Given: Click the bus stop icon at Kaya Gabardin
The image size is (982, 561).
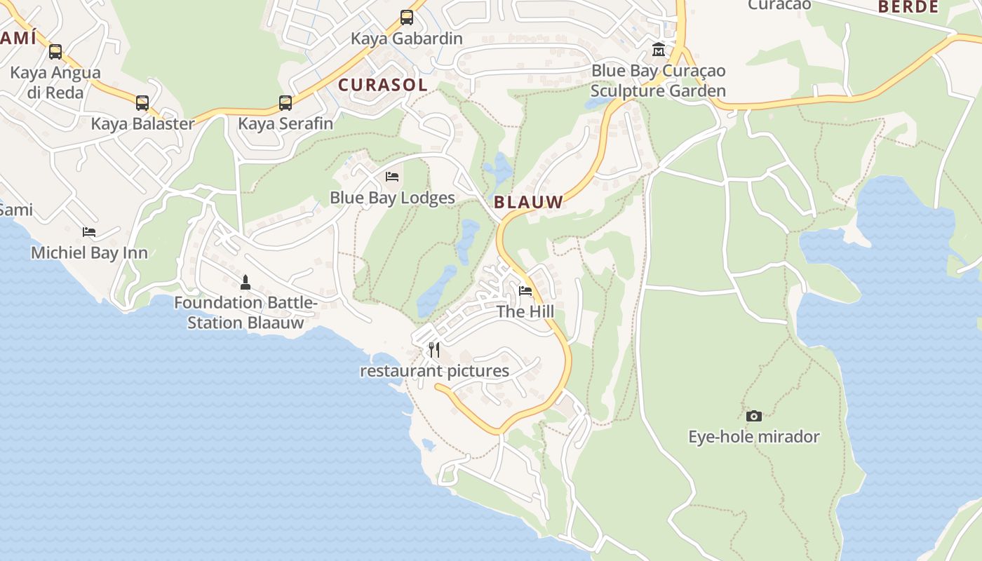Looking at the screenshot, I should pyautogui.click(x=407, y=18).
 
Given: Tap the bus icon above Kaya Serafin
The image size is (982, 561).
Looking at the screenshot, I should pyautogui.click(x=285, y=103).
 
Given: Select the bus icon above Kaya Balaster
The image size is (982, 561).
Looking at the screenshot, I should pyautogui.click(x=142, y=103).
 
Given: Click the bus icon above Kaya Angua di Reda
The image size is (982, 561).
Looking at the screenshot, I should pyautogui.click(x=55, y=52).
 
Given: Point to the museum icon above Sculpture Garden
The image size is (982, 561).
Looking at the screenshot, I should pyautogui.click(x=659, y=50).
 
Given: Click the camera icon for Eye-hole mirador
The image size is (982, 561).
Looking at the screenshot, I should pyautogui.click(x=754, y=416).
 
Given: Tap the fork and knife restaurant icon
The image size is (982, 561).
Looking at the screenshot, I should pyautogui.click(x=435, y=349).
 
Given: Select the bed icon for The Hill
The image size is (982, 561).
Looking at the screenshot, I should pyautogui.click(x=525, y=291).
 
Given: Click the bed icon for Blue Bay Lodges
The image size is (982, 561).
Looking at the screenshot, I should pyautogui.click(x=392, y=177).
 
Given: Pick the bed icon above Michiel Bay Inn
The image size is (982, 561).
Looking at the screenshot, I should pyautogui.click(x=89, y=232).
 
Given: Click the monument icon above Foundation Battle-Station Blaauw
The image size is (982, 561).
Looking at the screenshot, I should pyautogui.click(x=245, y=283).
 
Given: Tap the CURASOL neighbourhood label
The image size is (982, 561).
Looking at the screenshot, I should pyautogui.click(x=382, y=86).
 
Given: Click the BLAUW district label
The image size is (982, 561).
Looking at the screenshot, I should pyautogui.click(x=528, y=203).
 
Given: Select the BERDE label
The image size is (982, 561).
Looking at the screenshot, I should pyautogui.click(x=908, y=7).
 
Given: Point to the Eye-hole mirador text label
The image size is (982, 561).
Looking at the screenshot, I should pyautogui.click(x=754, y=437).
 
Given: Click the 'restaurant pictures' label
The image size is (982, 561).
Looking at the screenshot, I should pyautogui.click(x=435, y=371).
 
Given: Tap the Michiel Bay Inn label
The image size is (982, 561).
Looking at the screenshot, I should pyautogui.click(x=89, y=253).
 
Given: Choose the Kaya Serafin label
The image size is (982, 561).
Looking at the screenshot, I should pyautogui.click(x=285, y=124).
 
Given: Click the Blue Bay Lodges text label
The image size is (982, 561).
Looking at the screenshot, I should pyautogui.click(x=392, y=198).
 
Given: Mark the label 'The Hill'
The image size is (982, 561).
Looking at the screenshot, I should pyautogui.click(x=525, y=311).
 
